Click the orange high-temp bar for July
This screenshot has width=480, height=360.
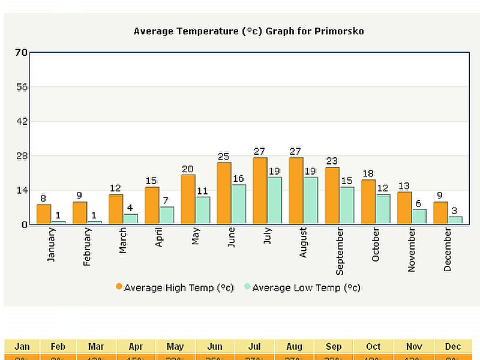pyautogui.click(x=260, y=191)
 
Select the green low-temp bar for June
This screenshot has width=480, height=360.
pyautogui.click(x=239, y=204)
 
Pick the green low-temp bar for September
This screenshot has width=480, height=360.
pyautogui.click(x=347, y=205)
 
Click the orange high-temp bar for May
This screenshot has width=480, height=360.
pyautogui.click(x=188, y=199)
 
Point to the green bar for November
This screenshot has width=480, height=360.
pyautogui.click(x=419, y=217)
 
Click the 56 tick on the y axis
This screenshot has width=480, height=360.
pyautogui.click(x=21, y=87)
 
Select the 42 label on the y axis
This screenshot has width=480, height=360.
pyautogui.click(x=21, y=121)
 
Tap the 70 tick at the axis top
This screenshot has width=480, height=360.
pyautogui.click(x=21, y=52)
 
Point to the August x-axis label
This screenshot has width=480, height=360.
pyautogui.click(x=303, y=242)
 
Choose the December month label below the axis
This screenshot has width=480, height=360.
pyautogui.click(x=448, y=250)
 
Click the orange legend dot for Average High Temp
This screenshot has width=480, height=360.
pyautogui.click(x=119, y=287)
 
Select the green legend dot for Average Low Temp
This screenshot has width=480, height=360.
pyautogui.click(x=247, y=287)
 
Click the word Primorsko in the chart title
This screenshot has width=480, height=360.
pyautogui.click(x=339, y=31)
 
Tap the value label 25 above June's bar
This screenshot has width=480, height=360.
pyautogui.click(x=224, y=157)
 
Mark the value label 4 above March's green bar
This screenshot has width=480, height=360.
pyautogui.click(x=130, y=208)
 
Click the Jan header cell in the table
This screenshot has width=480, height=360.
pyautogui.click(x=22, y=347)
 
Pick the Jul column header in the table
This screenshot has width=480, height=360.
pyautogui.click(x=254, y=347)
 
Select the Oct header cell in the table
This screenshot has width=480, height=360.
pyautogui.click(x=373, y=347)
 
